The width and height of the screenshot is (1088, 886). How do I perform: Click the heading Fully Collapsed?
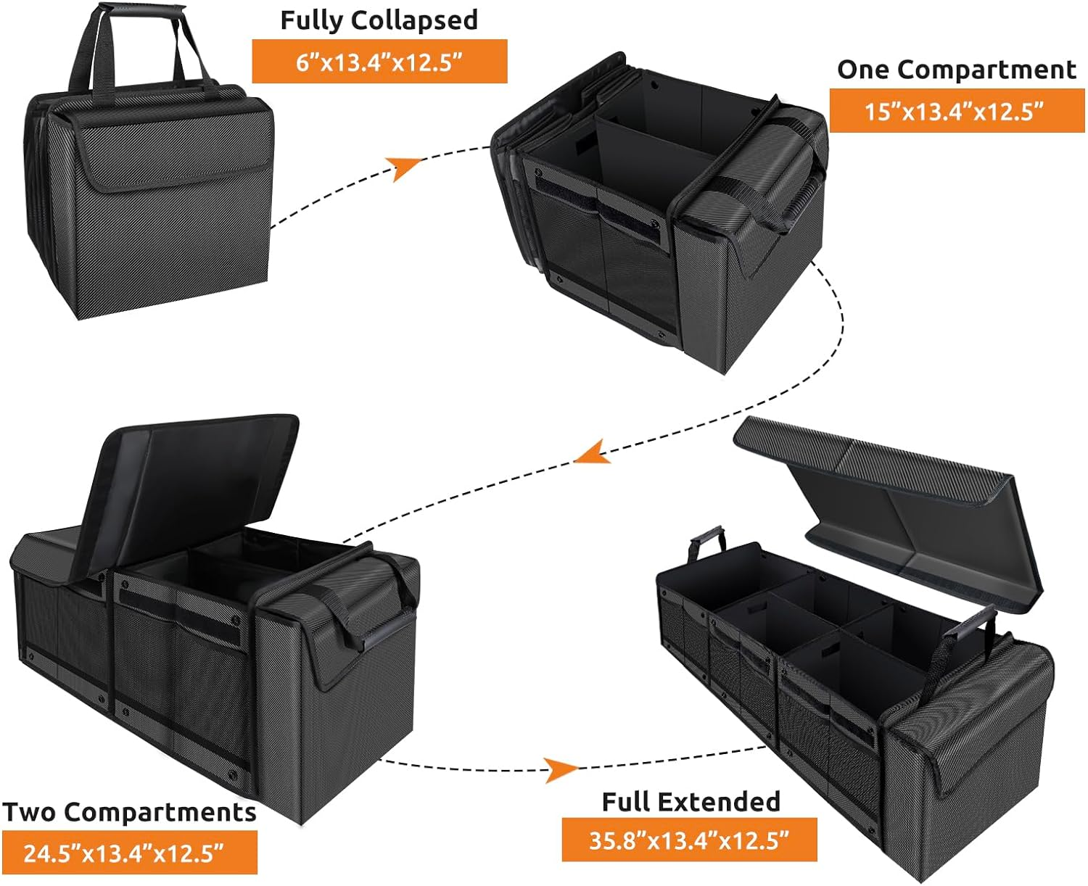379,20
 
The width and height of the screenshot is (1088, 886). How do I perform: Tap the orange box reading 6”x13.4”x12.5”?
379,62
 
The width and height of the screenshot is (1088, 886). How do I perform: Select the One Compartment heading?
956,70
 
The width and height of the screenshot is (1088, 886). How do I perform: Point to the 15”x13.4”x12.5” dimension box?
956,111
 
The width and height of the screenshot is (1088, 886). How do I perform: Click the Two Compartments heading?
129,812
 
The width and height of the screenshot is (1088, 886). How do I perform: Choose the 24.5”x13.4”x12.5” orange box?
129,853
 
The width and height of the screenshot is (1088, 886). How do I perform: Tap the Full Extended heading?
691,802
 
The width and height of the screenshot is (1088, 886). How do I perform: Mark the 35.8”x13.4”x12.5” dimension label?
689,841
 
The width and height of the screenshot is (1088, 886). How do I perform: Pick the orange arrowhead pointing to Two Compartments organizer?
591,452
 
